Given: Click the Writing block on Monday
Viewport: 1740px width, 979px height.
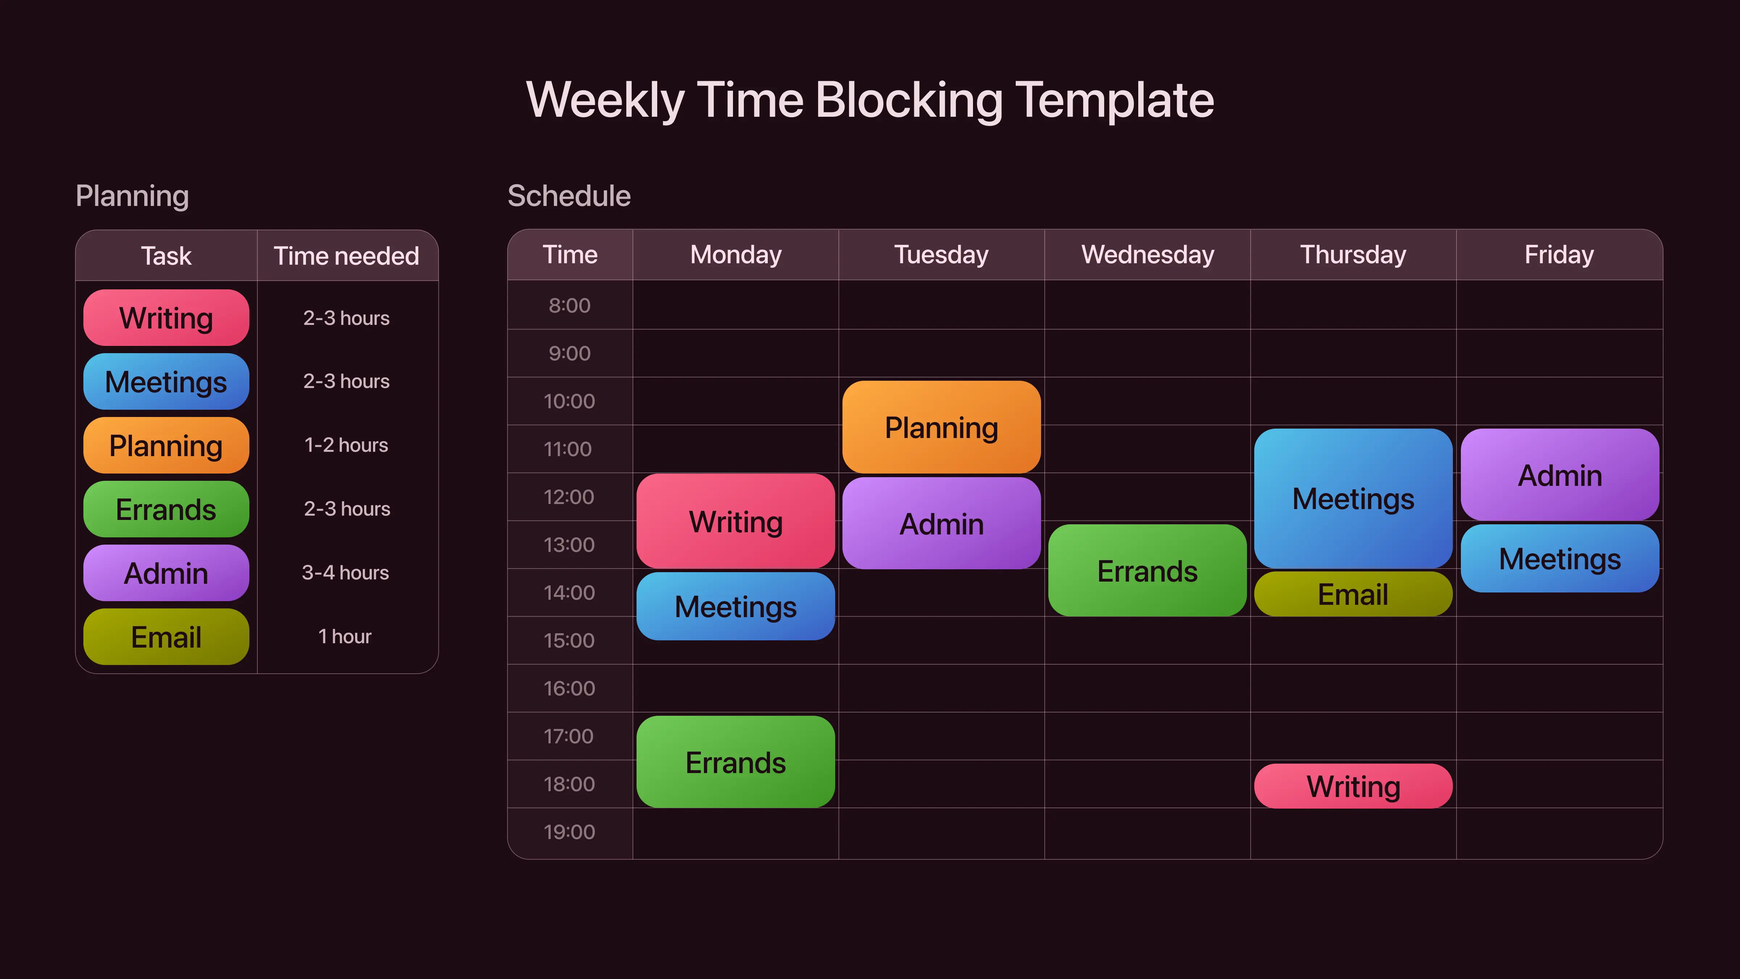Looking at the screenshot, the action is [x=736, y=521].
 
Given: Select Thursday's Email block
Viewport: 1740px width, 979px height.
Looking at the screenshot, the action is [x=1353, y=594].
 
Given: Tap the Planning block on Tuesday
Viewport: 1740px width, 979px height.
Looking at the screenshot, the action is [x=942, y=427].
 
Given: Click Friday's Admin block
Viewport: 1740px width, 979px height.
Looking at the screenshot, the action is [x=1559, y=474].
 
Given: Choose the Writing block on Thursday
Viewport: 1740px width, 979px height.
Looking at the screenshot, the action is [x=1353, y=786].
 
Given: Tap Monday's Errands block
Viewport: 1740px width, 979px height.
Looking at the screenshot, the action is [x=736, y=761].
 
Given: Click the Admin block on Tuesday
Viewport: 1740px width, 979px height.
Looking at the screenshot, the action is [x=942, y=523].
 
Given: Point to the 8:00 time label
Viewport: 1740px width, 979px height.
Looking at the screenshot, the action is [x=569, y=305].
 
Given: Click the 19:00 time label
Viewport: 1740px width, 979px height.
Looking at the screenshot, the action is [x=569, y=832].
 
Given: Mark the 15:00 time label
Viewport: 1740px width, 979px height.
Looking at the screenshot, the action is [x=569, y=640].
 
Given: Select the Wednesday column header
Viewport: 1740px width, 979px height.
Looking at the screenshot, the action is [x=1148, y=255].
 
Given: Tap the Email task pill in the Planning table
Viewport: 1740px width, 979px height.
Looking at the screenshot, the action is [x=166, y=636].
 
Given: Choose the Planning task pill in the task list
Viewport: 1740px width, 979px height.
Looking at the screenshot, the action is [x=166, y=445].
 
